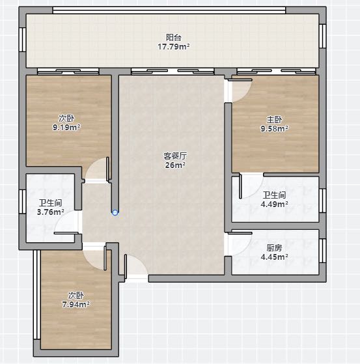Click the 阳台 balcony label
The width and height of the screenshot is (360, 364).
174,37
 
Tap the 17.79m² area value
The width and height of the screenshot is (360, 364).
174,47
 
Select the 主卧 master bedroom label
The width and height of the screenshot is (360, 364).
274,120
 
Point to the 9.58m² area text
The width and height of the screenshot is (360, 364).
274,129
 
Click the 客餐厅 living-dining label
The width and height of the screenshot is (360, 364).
175,156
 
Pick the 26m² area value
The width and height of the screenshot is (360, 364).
175,165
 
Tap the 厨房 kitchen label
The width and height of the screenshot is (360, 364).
274,248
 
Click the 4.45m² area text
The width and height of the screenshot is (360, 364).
274,257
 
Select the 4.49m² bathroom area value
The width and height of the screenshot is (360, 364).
274,204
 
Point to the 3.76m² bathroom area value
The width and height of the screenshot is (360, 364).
51,212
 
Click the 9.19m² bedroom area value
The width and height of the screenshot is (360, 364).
66,128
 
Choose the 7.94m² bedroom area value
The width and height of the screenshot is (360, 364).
76,304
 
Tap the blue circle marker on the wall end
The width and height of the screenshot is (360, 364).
115,212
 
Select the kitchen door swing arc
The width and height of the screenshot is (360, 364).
245,250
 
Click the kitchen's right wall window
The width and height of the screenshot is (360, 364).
323,251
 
